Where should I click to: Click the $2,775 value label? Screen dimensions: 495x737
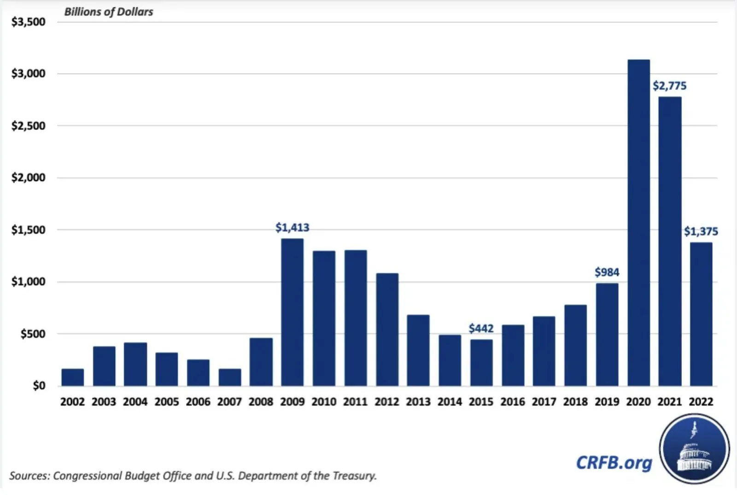tap(669, 86)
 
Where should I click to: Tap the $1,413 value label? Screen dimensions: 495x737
tap(292, 228)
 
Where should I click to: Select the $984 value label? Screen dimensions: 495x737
tap(607, 272)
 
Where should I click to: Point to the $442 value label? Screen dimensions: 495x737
tap(481, 329)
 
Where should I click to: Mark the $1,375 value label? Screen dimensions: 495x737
tap(701, 231)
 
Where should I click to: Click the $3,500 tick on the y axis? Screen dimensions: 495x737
tap(29, 22)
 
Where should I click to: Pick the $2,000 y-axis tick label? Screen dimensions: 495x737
tap(29, 177)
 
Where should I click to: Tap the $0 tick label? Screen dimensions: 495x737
tap(39, 385)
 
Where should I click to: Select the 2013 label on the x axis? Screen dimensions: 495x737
tap(418, 402)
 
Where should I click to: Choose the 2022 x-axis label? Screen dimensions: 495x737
tap(701, 402)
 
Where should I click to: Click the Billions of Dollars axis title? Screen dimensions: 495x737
tap(109, 12)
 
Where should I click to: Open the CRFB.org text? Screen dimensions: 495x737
tap(614, 462)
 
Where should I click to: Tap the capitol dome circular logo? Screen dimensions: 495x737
tap(694, 448)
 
